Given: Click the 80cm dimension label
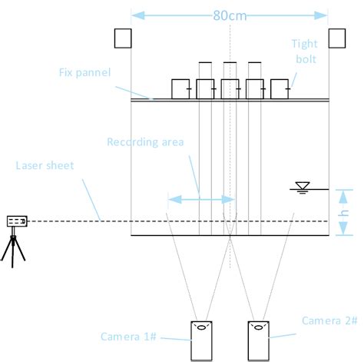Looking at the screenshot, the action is (x=230, y=15).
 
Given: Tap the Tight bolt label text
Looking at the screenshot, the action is (x=305, y=51).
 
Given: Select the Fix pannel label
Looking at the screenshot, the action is (x=84, y=72).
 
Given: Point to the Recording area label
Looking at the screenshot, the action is (x=145, y=142).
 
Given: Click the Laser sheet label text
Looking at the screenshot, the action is (x=45, y=165).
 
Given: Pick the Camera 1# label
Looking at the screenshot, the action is (x=128, y=337).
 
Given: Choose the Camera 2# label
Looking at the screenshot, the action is (x=329, y=320).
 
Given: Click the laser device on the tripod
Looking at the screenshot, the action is (x=17, y=221).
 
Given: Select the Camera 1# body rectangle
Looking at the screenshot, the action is (x=201, y=340).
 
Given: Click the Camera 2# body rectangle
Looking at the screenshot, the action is (x=258, y=340).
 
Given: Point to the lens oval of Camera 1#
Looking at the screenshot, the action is (x=201, y=327).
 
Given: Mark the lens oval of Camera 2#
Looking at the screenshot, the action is (x=259, y=327).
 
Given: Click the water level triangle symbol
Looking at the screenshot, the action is (x=303, y=185).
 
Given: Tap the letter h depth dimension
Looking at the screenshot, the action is (x=344, y=213).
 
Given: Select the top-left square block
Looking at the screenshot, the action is (x=123, y=38).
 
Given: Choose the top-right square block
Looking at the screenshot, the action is (x=337, y=38).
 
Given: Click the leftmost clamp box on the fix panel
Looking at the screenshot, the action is (x=180, y=89).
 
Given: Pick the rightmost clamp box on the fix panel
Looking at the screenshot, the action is (x=280, y=89).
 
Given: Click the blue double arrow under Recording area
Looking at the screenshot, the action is (x=201, y=200).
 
